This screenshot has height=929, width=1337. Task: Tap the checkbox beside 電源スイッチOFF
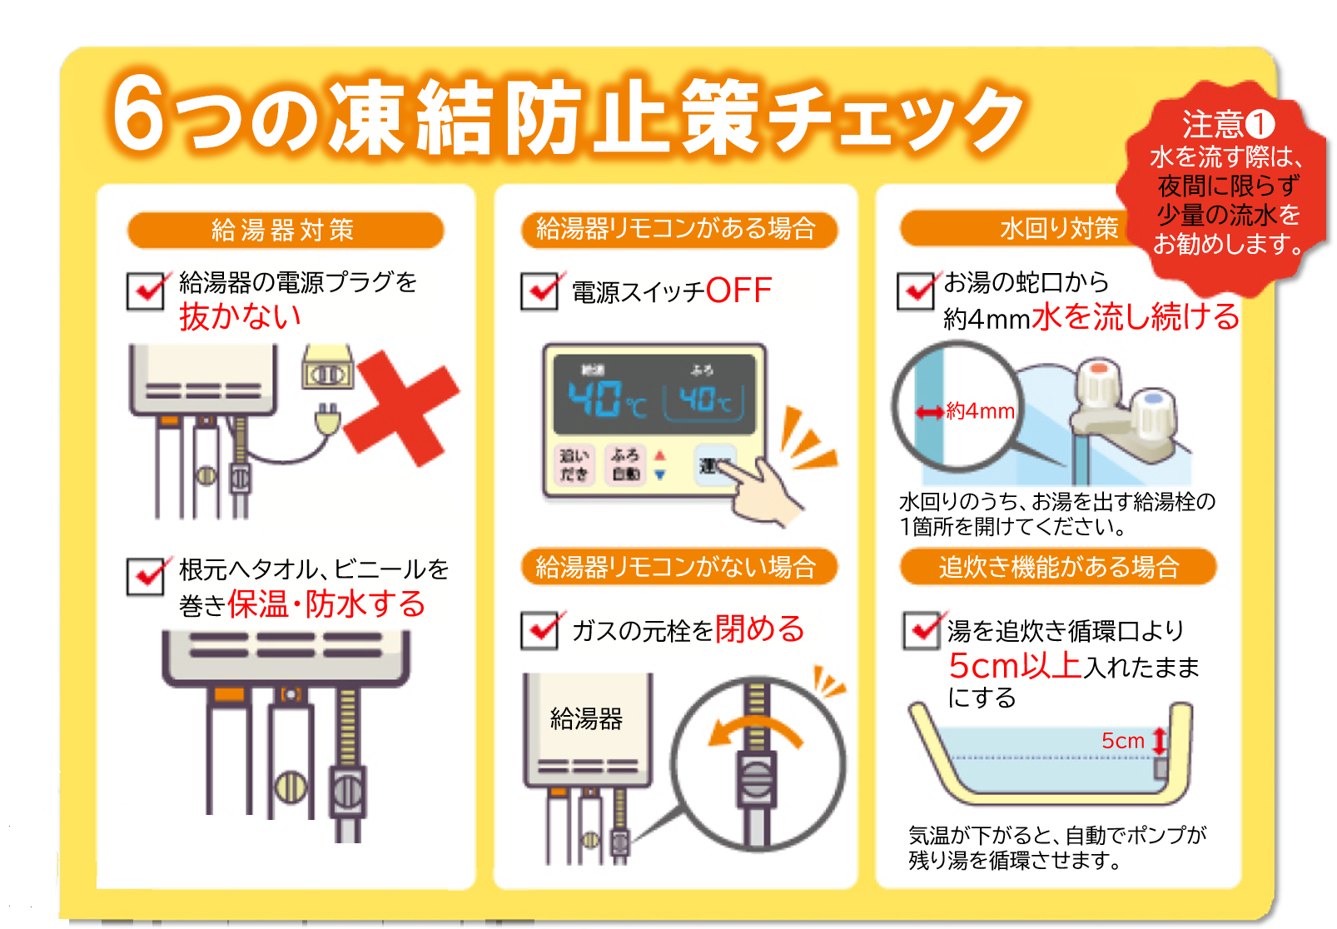pyautogui.click(x=539, y=291)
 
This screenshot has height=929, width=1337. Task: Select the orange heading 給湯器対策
pyautogui.click(x=285, y=230)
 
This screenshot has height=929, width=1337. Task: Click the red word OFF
pyautogui.click(x=738, y=291)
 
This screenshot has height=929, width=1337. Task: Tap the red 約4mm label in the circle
pyautogui.click(x=979, y=411)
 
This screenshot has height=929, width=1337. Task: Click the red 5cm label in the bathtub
pyautogui.click(x=1122, y=740)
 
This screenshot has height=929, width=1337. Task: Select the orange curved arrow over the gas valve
pyautogui.click(x=753, y=732)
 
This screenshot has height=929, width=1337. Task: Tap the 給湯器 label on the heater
pyautogui.click(x=586, y=718)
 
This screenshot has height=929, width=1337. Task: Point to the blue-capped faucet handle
pyautogui.click(x=1154, y=410)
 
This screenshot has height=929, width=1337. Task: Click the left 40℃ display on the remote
pyautogui.click(x=605, y=399)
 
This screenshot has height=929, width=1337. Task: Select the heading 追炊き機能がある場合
pyautogui.click(x=1058, y=567)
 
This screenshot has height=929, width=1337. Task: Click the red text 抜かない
pyautogui.click(x=240, y=316)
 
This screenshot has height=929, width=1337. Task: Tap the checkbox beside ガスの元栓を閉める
pyautogui.click(x=539, y=630)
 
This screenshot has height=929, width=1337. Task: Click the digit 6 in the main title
pyautogui.click(x=138, y=115)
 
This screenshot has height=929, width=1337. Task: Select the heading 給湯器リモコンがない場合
pyautogui.click(x=676, y=567)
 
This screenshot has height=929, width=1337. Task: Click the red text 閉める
pyautogui.click(x=759, y=628)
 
